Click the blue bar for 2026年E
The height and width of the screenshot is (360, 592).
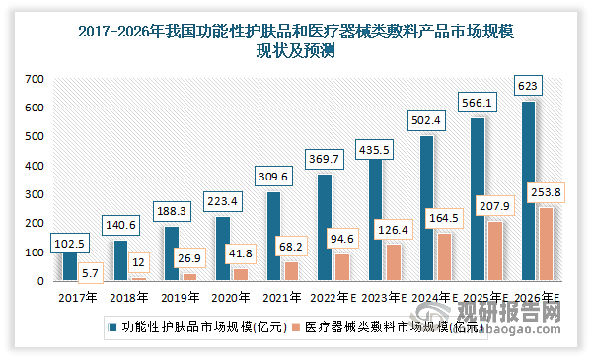[x=531, y=191]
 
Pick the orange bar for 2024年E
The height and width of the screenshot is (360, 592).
[x=445, y=257]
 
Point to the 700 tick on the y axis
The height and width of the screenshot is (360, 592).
[x=34, y=79]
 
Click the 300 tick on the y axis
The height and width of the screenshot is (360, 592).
[x=34, y=194]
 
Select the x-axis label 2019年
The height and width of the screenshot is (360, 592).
[x=179, y=295]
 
